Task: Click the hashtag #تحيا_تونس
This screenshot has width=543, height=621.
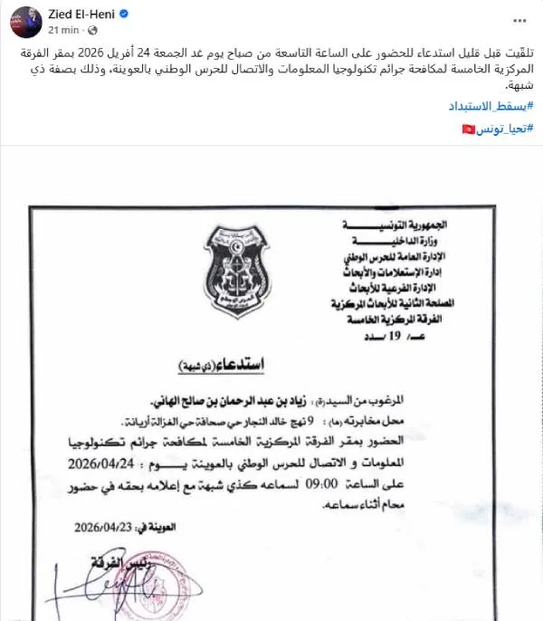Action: pyautogui.click(x=503, y=130)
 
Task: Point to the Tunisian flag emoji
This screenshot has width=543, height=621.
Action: pyautogui.click(x=468, y=130)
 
